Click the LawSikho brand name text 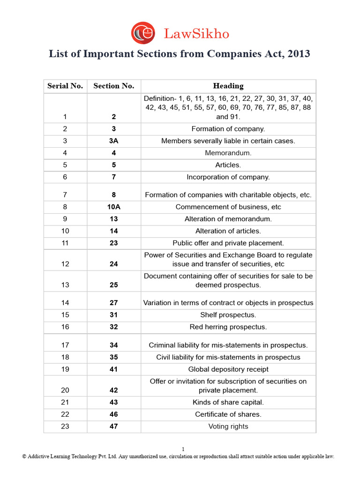(196, 34)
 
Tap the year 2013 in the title (298, 54)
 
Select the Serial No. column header (65, 86)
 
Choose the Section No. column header (114, 86)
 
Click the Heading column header (228, 86)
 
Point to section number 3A (114, 141)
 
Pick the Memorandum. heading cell (228, 153)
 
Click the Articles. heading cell (228, 165)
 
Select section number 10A (114, 207)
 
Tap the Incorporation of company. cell (228, 177)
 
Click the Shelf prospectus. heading (228, 315)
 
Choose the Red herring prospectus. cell (228, 327)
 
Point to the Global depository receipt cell (228, 369)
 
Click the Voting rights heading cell (228, 427)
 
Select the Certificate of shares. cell (228, 414)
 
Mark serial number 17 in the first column (65, 345)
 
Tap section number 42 (114, 390)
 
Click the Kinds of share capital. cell (228, 402)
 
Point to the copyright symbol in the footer (24, 457)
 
